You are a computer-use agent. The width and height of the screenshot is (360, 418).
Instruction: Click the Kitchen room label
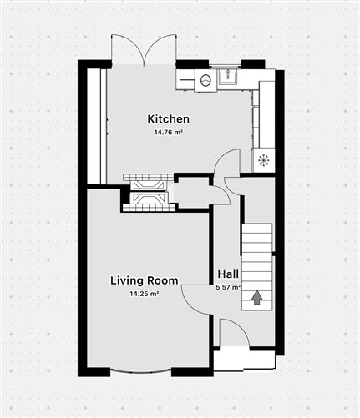(x=169, y=119)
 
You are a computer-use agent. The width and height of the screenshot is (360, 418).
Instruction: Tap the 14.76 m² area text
(x=169, y=132)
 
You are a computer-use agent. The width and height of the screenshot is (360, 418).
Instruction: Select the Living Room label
(x=145, y=280)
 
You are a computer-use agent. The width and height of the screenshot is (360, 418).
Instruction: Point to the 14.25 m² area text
(x=145, y=294)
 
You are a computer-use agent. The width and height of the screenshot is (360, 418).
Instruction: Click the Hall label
(x=228, y=274)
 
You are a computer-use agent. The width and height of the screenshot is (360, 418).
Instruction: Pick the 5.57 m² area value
(x=228, y=287)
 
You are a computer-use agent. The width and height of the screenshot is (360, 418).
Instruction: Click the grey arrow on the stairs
(x=257, y=297)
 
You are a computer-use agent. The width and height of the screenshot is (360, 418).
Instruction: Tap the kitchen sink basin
(x=228, y=77)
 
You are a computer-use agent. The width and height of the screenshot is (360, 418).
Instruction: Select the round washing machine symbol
(x=205, y=80)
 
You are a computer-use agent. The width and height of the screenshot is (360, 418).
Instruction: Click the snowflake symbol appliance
(x=263, y=160)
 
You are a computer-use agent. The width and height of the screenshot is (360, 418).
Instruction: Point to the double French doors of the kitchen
(x=144, y=50)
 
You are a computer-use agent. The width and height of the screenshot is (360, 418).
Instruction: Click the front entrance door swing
(x=235, y=332)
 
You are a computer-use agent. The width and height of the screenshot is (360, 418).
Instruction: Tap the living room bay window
(x=140, y=371)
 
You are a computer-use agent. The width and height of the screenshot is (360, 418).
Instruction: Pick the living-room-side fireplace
(x=150, y=201)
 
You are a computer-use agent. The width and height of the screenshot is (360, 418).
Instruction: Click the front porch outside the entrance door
(x=244, y=360)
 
